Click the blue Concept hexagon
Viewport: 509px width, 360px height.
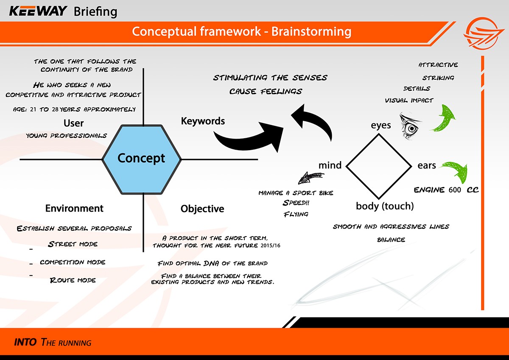click(x=142, y=159)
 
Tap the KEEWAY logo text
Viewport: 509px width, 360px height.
click(x=38, y=11)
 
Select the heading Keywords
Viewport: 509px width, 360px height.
click(x=203, y=121)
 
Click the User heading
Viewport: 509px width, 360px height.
click(x=73, y=123)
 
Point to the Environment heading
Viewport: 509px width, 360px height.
click(x=74, y=209)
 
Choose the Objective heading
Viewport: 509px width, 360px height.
click(x=202, y=209)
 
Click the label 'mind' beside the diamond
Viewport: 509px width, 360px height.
click(x=330, y=165)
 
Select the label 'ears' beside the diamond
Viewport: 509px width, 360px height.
click(x=426, y=165)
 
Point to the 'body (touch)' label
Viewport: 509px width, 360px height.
click(x=385, y=207)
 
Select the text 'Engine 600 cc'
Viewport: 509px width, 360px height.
click(x=446, y=190)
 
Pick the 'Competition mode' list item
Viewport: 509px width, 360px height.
click(x=73, y=262)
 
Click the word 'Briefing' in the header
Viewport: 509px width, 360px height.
click(x=95, y=11)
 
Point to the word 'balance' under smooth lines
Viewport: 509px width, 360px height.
click(x=391, y=240)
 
